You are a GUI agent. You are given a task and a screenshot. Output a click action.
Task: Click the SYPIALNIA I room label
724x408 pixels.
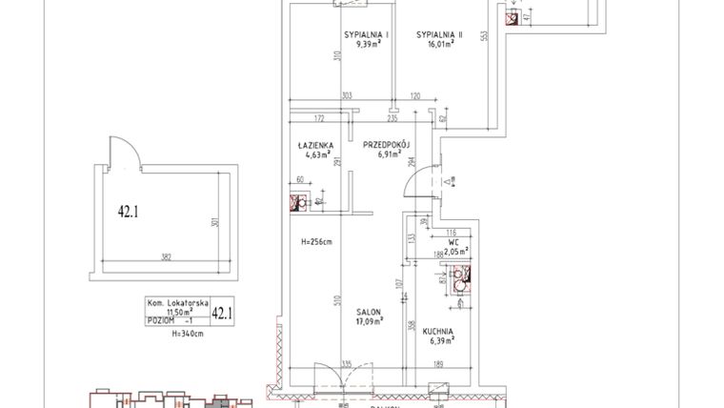tap(362, 34)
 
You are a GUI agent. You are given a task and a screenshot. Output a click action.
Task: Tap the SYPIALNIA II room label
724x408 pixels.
tap(438, 34)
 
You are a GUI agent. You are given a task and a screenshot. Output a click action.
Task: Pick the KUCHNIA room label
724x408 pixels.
tap(439, 332)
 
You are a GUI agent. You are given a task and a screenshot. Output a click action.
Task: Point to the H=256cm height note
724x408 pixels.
tap(314, 241)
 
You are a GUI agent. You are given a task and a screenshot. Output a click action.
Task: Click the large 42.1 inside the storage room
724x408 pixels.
tap(129, 212)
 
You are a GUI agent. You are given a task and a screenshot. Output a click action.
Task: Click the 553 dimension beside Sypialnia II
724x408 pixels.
tap(484, 35)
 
